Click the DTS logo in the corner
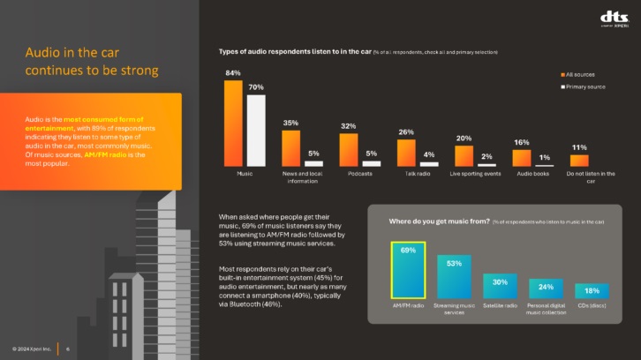(614, 19)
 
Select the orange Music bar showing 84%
(233, 124)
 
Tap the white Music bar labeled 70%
(256, 131)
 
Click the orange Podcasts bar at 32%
(349, 149)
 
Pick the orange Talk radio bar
(406, 153)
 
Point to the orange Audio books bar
(522, 158)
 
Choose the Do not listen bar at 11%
(579, 161)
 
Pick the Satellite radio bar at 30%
(500, 286)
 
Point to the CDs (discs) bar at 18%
(592, 291)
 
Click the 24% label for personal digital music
(546, 286)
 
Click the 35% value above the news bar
(290, 123)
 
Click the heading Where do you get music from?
(439, 221)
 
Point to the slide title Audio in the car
(92, 61)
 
